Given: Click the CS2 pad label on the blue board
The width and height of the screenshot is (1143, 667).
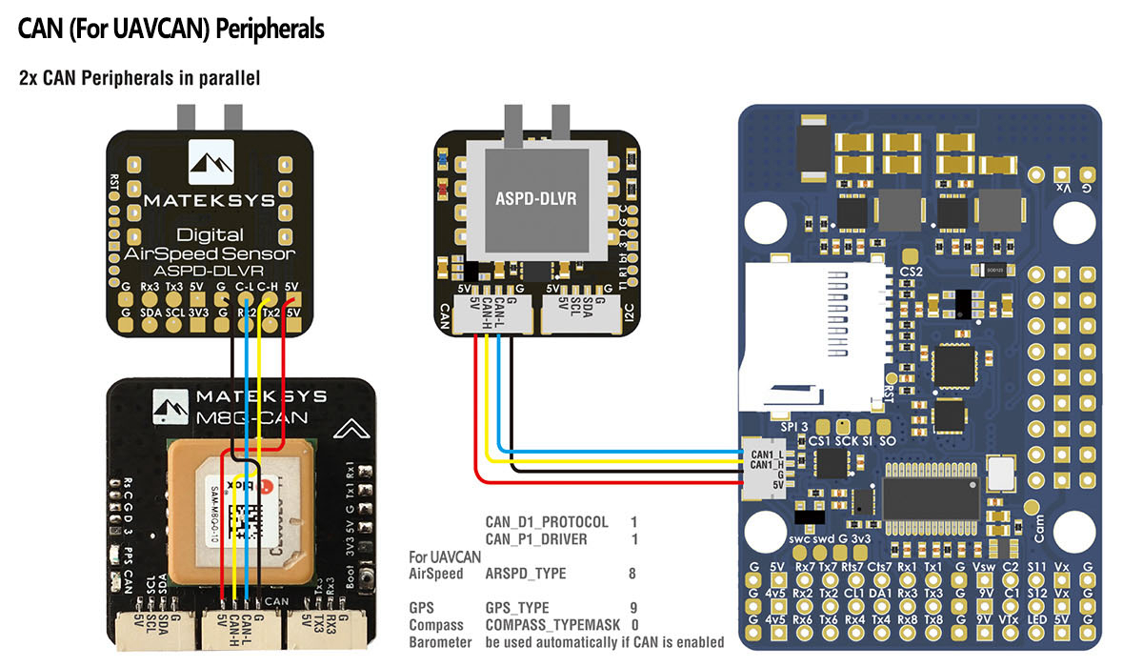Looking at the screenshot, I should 912,272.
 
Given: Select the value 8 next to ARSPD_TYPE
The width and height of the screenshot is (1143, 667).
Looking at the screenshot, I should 632,574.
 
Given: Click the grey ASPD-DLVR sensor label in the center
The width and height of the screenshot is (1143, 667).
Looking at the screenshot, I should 537,200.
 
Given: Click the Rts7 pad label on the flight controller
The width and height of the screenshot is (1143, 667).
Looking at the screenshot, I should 853,569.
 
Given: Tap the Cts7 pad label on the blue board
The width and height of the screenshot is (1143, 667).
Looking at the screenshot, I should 880,569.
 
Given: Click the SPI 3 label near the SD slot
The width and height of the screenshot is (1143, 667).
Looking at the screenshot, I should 793,425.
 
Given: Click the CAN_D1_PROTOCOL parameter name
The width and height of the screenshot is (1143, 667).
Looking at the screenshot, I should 546,522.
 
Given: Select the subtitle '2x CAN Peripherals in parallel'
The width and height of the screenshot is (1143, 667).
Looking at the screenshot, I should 139,78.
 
